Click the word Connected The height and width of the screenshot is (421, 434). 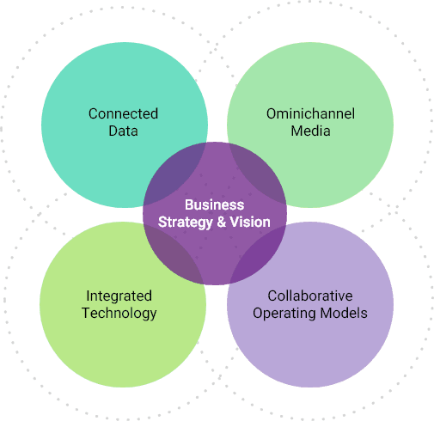pyautogui.click(x=123, y=113)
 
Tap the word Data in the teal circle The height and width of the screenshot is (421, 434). pyautogui.click(x=123, y=131)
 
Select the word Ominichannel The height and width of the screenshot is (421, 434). pyautogui.click(x=310, y=113)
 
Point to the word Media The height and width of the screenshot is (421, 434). pyautogui.click(x=310, y=131)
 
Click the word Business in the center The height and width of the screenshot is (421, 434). pyautogui.click(x=215, y=204)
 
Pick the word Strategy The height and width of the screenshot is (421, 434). pyautogui.click(x=186, y=223)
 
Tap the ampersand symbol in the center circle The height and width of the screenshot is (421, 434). pyautogui.click(x=222, y=222)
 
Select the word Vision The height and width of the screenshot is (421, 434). pyautogui.click(x=250, y=222)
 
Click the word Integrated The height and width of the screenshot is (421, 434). pyautogui.click(x=119, y=296)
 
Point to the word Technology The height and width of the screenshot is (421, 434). pyautogui.click(x=119, y=314)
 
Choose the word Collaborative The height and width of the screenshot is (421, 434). pyautogui.click(x=310, y=296)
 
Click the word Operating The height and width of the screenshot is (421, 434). pyautogui.click(x=284, y=314)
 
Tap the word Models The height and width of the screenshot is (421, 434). pyautogui.click(x=344, y=313)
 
